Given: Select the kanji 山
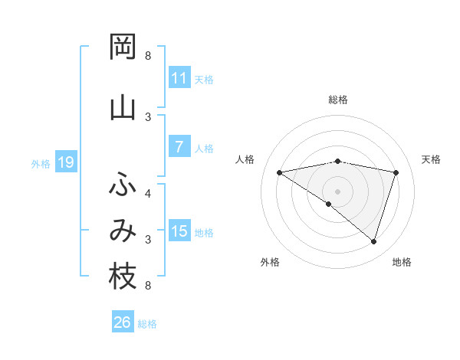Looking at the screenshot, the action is point(123,107).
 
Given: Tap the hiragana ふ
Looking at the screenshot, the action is point(123,185).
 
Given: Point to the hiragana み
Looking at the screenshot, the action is point(123,231).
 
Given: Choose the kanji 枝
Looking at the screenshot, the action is point(123,277).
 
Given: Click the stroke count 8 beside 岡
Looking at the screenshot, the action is point(148,56).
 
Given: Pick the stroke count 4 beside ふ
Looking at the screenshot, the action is point(148,193).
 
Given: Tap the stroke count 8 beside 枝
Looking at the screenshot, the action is point(148,286).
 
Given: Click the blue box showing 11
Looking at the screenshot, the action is point(179,78).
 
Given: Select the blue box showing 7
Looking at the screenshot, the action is point(179,147).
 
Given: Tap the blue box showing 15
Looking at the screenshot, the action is point(179,231).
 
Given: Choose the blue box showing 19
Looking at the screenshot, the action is point(65,162).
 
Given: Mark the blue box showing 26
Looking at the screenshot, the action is point(122,322).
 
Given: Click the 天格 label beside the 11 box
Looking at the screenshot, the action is point(204,79).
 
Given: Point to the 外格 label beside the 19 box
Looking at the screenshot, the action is point(41,163).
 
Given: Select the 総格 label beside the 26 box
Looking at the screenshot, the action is point(147,323).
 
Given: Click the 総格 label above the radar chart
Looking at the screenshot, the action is point(337,100).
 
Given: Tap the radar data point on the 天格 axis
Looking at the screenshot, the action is point(396,172).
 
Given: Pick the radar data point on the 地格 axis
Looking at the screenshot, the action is point(373,241).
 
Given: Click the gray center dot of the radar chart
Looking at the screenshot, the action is point(337,191).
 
